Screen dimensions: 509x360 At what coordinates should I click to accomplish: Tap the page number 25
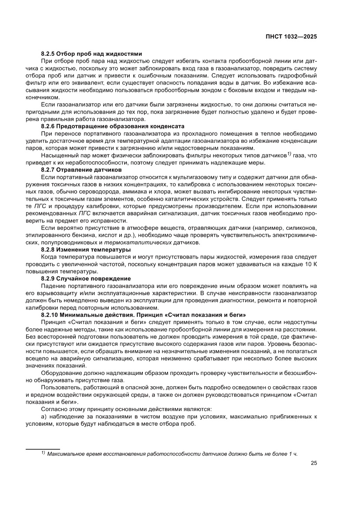click(313, 463)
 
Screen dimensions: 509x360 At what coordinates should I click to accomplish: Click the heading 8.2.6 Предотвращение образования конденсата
click(107, 126)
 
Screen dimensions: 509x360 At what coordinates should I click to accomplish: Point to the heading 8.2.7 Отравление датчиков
click(81, 169)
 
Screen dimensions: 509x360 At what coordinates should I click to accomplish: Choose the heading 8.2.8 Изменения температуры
click(86, 249)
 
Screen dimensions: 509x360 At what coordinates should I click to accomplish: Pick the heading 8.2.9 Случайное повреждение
click(86, 278)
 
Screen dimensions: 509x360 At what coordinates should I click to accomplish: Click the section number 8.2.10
click(50, 314)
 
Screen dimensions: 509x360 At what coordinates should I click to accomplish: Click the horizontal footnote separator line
click(43, 449)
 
